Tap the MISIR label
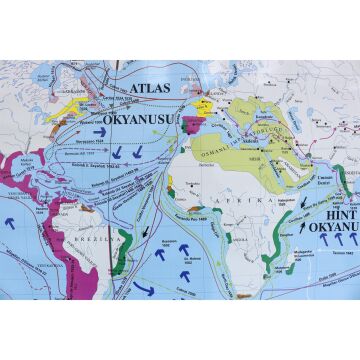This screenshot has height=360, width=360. pyautogui.click(x=256, y=160)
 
